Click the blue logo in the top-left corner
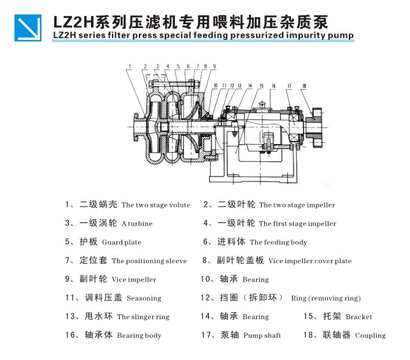pyautogui.click(x=28, y=27)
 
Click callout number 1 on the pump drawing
pyautogui.click(x=129, y=66)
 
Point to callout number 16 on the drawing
pyautogui.click(x=272, y=85)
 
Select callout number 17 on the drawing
pyautogui.click(x=289, y=85)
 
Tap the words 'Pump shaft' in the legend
pyautogui.click(x=262, y=335)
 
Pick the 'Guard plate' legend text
pyautogui.click(x=122, y=242)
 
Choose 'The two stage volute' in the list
pyautogui.click(x=155, y=205)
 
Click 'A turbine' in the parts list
pyautogui.click(x=136, y=224)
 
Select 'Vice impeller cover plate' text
pyautogui.click(x=309, y=261)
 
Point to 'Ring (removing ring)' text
pyautogui.click(x=325, y=298)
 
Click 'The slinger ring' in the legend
pyautogui.click(x=143, y=317)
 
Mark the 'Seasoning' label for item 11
pyautogui.click(x=144, y=298)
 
